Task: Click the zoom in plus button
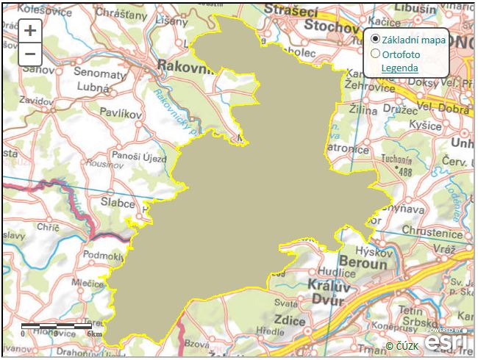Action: (29, 31)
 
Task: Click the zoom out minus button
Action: (29, 54)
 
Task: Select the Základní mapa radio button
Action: (375, 40)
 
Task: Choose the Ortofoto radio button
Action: (375, 54)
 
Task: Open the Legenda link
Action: (399, 68)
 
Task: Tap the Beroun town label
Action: (363, 262)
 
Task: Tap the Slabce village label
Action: (118, 202)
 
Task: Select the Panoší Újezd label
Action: (139, 156)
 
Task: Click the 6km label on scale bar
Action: (93, 334)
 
